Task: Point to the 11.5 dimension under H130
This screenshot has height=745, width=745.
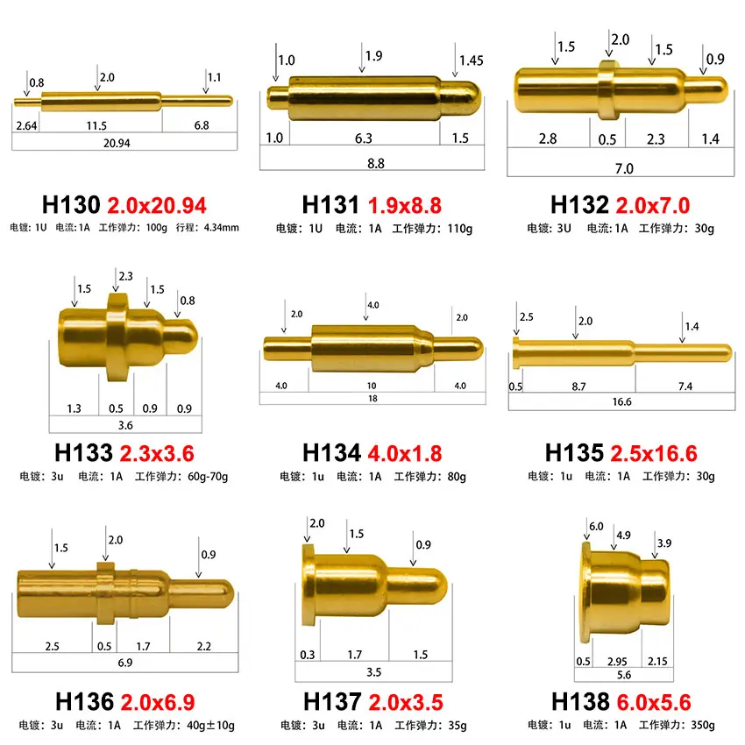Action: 98,125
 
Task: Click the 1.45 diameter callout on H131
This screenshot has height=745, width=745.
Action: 471,60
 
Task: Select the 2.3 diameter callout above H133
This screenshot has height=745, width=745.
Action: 124,276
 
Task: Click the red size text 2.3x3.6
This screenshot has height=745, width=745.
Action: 156,452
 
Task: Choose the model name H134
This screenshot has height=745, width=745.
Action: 331,452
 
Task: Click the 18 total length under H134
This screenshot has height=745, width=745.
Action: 372,399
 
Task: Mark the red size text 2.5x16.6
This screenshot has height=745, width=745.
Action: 654,452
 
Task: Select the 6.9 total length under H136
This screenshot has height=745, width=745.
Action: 124,663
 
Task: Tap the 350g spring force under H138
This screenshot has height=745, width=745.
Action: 701,725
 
